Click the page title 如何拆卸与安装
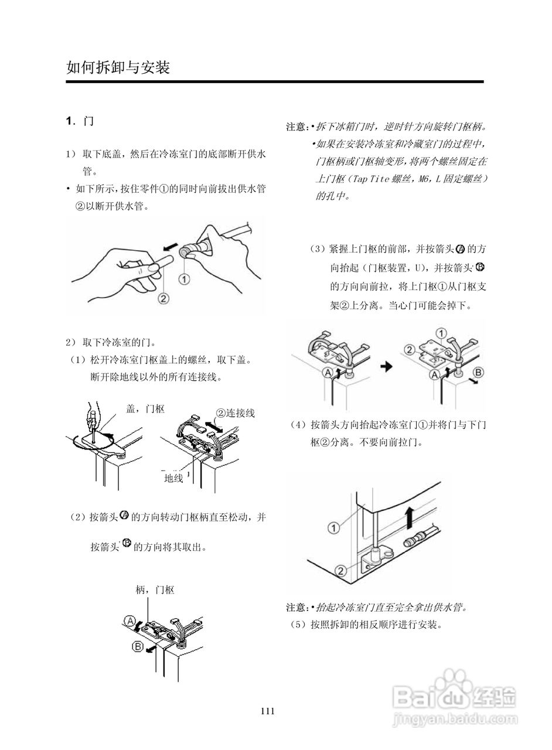[x=118, y=68]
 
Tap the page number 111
[x=268, y=711]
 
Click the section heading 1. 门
[x=80, y=121]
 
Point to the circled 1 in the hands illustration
[x=184, y=279]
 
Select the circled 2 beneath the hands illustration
[x=163, y=298]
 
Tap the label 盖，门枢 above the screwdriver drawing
[x=145, y=410]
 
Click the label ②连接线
[x=236, y=413]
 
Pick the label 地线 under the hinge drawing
[x=173, y=478]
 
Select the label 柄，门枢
[x=155, y=590]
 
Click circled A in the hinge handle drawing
[x=130, y=621]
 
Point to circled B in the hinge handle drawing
[x=138, y=647]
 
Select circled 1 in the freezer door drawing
[x=333, y=528]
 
